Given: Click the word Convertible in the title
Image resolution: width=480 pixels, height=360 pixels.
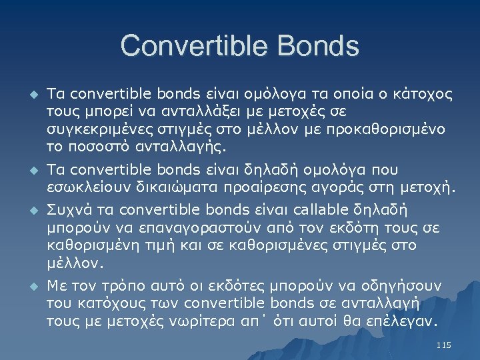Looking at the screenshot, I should [191, 46].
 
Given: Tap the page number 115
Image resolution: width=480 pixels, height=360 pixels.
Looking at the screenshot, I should [443, 345].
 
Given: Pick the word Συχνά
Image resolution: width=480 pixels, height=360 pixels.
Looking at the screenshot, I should [67, 207].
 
